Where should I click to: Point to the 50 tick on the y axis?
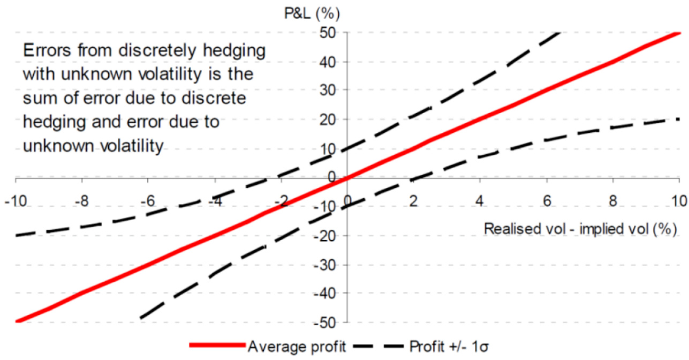click(329, 33)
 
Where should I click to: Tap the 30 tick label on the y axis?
click(329, 91)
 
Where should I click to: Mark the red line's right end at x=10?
click(679, 33)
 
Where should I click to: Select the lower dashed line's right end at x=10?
click(679, 119)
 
